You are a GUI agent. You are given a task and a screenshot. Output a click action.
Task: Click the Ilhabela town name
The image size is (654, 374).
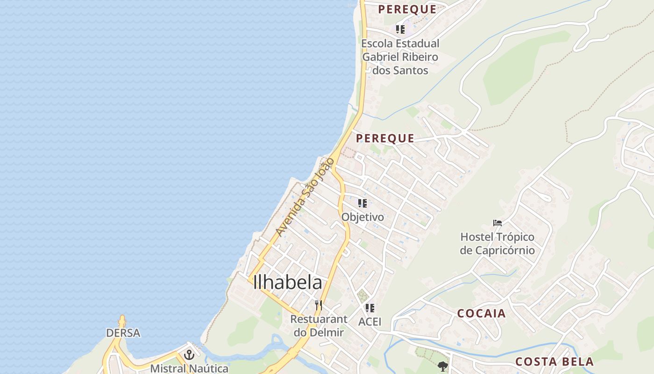[x=287, y=282]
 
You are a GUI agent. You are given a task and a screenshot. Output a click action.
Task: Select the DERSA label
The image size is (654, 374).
[x=123, y=333]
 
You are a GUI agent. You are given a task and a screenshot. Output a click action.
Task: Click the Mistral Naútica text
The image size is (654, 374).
[x=189, y=368]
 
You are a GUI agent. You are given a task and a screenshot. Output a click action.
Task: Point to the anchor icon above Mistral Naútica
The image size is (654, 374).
[x=189, y=355]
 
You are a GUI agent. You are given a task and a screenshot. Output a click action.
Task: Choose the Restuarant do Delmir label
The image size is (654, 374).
[x=319, y=326]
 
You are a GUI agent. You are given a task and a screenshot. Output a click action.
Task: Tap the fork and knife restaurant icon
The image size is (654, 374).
[x=319, y=305]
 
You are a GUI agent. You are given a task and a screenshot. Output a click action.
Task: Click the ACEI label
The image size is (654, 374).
[x=370, y=322]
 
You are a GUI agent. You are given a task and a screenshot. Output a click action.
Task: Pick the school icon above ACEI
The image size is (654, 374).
[x=370, y=308]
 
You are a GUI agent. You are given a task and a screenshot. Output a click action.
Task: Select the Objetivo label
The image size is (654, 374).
[x=363, y=217]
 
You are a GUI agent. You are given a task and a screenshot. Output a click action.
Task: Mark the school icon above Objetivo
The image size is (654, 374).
[x=363, y=203]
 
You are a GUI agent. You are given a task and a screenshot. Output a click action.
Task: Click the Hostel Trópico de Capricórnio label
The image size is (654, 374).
[x=497, y=244]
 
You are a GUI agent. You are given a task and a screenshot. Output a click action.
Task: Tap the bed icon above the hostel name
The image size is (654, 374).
[x=498, y=223]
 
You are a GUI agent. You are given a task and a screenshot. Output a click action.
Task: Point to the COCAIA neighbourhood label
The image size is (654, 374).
[x=481, y=313]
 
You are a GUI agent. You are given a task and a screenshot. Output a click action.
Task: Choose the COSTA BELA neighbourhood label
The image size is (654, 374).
[x=554, y=361]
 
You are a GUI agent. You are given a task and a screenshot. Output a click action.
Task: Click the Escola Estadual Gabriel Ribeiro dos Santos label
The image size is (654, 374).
[x=400, y=57]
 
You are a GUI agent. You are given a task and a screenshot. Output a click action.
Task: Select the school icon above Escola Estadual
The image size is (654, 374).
[x=400, y=29]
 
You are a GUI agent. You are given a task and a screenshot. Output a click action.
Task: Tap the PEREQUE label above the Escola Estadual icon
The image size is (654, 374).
[x=407, y=9]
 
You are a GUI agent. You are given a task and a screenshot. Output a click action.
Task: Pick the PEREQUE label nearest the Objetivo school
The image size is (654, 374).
[x=385, y=138]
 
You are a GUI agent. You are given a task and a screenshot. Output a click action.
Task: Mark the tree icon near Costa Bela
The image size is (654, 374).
[x=443, y=367]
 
